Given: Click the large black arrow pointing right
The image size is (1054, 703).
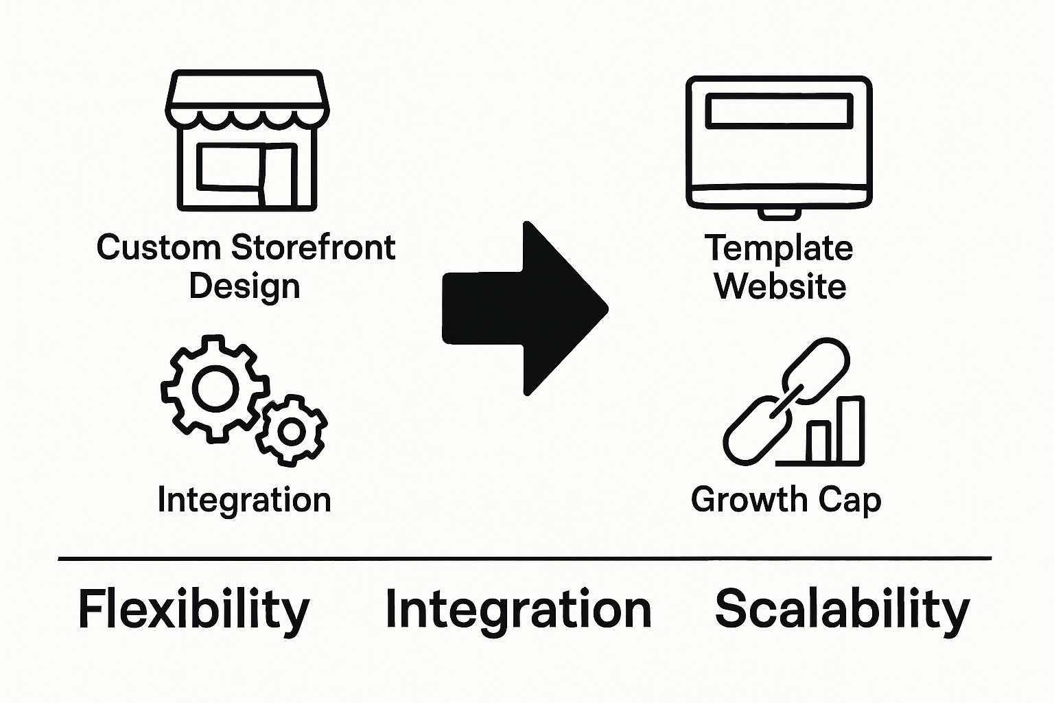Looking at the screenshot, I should click(x=525, y=308).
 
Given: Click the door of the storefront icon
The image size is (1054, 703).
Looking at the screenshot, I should click(x=278, y=175).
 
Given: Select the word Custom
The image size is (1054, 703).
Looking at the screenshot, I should click(x=159, y=247).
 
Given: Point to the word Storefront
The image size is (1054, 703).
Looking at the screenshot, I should click(x=313, y=247).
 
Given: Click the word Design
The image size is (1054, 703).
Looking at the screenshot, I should click(x=244, y=286).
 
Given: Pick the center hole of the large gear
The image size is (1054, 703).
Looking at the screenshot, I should click(x=215, y=388).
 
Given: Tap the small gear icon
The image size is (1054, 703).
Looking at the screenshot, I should click(x=292, y=431).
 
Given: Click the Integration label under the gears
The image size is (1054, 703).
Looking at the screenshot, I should click(x=244, y=499).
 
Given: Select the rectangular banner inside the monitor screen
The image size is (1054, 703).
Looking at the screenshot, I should click(x=779, y=112).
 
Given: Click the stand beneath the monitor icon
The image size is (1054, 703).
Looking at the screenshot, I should click(x=779, y=213).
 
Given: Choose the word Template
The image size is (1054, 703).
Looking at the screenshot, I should click(x=779, y=249).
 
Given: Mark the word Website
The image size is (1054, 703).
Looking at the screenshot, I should click(x=780, y=286).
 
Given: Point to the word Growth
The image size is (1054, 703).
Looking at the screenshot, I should click(x=749, y=499).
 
